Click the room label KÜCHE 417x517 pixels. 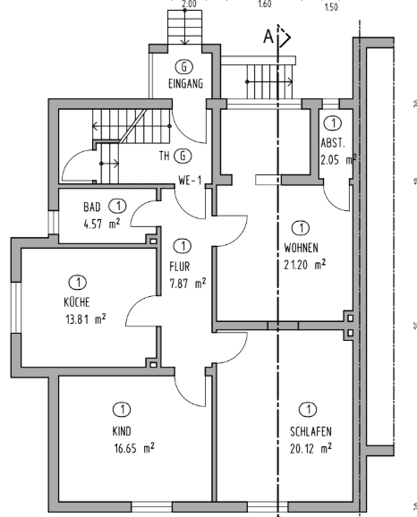tap(76, 302)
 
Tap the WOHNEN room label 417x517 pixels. tap(300, 247)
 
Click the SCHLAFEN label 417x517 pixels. tap(311, 431)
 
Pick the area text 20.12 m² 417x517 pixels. tap(311, 447)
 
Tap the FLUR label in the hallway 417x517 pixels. tap(181, 266)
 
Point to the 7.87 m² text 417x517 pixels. tap(187, 283)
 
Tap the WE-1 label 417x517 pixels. tap(189, 180)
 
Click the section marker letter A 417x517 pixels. tap(268, 38)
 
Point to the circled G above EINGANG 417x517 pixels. tap(184, 67)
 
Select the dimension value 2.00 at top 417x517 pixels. tap(189, 4)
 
